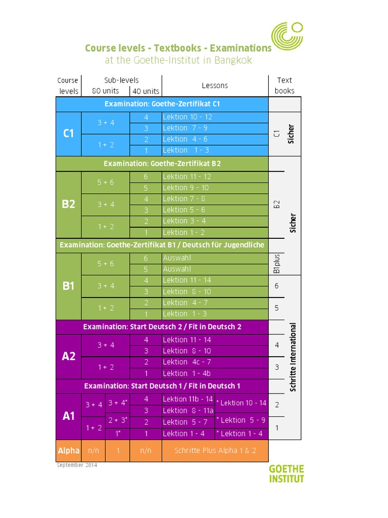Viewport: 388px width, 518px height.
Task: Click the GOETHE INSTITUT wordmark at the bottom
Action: coord(286,473)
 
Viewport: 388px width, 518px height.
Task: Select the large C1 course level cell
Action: coord(68,134)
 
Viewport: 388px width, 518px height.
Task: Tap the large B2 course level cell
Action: coord(68,204)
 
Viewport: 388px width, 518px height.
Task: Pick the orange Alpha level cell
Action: coord(68,450)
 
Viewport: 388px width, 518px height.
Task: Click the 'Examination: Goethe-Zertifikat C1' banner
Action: coord(162,104)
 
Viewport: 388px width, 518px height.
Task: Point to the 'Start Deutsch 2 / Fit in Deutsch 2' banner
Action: coord(162,327)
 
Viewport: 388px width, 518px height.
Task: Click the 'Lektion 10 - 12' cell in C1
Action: coord(187,117)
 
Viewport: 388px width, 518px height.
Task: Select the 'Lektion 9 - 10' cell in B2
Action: coord(185,188)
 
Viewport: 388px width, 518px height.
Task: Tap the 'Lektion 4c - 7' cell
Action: coord(187,362)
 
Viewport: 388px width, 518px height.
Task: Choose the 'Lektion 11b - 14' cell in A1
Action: coord(188,399)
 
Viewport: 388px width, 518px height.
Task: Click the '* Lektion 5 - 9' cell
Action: coord(241,420)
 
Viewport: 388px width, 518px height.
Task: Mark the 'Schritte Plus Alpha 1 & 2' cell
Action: coord(215,450)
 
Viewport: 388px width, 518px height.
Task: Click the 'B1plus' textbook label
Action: coord(276,264)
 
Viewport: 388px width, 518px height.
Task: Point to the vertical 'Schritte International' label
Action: coord(293,357)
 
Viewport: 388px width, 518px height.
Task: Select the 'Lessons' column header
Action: coord(215,85)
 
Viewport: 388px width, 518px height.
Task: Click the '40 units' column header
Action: coord(145,92)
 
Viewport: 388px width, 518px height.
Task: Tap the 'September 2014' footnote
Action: coord(77,465)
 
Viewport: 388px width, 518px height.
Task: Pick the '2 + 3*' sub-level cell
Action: coord(118,420)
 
